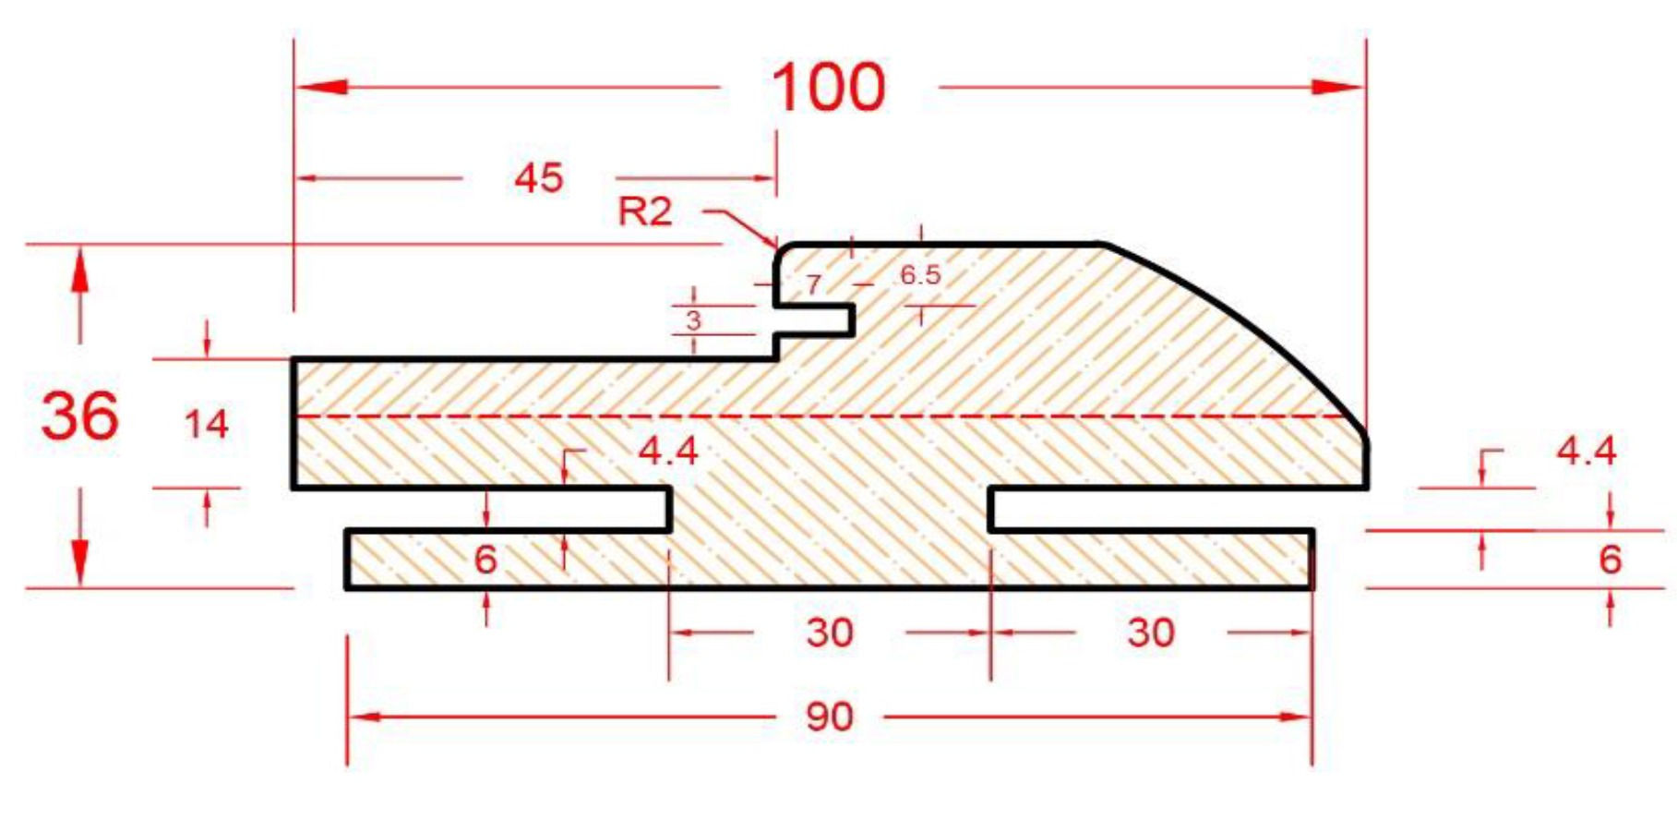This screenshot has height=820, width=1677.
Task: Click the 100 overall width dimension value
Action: click(828, 88)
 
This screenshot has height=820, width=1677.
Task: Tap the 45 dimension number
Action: click(539, 177)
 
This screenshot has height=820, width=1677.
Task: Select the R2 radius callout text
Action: click(644, 211)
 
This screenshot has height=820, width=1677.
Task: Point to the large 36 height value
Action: click(80, 415)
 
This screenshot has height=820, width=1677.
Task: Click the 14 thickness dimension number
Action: click(206, 424)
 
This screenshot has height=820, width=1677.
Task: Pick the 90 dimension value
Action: click(829, 717)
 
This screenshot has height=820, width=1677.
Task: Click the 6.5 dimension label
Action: click(920, 274)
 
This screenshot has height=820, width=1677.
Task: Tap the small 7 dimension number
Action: click(813, 283)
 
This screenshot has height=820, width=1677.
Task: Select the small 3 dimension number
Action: click(694, 320)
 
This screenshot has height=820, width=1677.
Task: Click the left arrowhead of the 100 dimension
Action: click(321, 87)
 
